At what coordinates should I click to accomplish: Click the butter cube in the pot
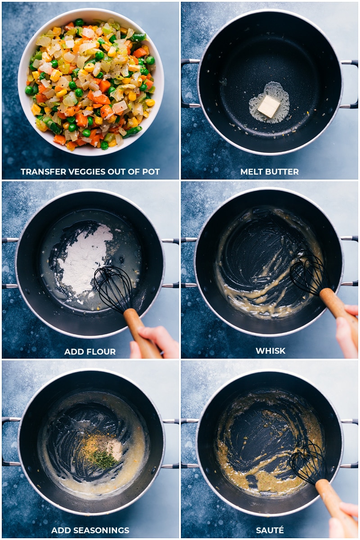269,106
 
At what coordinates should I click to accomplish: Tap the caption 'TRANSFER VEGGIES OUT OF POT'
90,172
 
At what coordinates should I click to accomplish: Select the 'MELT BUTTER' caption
270,172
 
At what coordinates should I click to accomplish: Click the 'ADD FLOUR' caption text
90,351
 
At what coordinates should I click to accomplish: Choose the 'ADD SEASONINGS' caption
90,531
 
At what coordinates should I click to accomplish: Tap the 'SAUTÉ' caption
270,531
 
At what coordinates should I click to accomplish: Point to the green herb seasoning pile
103,459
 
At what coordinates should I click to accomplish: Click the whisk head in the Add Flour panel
112,288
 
